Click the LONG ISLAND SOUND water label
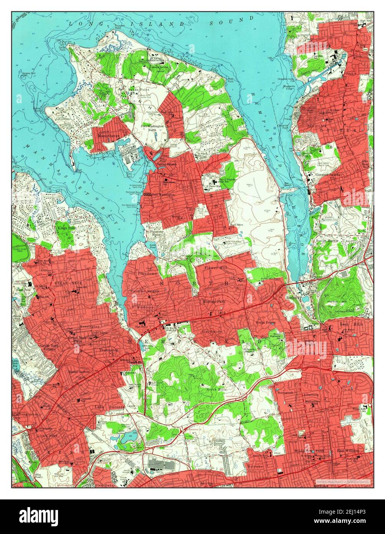pos(161,21)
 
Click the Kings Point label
pos(67,228)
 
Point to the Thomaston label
pos(109,350)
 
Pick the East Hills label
pos(349,324)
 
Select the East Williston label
pos(348,450)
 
